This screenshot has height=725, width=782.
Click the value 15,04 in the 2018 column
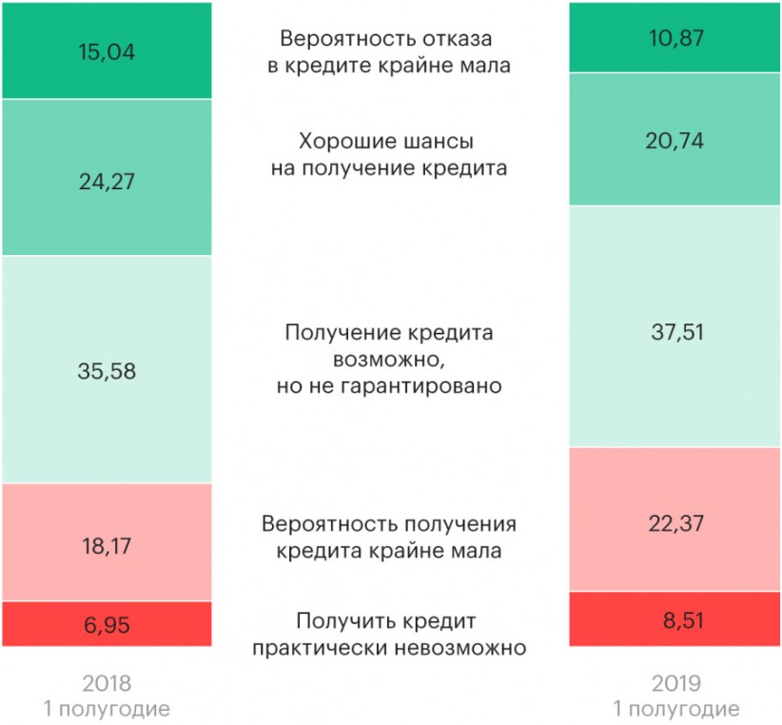pyautogui.click(x=106, y=51)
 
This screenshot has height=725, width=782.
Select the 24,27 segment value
pyautogui.click(x=106, y=180)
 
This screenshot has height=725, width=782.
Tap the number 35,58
pyautogui.click(x=106, y=371)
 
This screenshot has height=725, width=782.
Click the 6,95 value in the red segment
pyautogui.click(x=106, y=625)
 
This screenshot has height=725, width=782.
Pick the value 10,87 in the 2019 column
pyautogui.click(x=675, y=37)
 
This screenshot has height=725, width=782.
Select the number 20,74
pyautogui.click(x=675, y=140)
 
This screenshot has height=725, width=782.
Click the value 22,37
pyautogui.click(x=675, y=520)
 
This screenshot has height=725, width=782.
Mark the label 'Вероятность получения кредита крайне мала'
pyautogui.click(x=390, y=538)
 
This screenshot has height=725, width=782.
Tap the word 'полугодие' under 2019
pyautogui.click(x=685, y=709)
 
